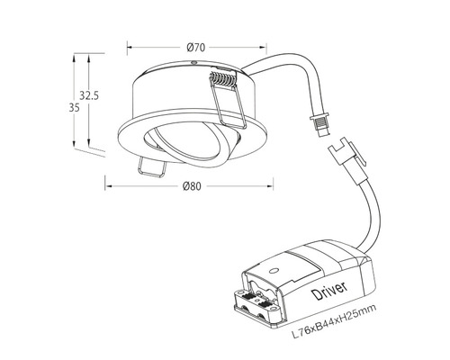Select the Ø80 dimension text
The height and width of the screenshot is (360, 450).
point(192,186)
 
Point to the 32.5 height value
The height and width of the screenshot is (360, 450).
point(88,94)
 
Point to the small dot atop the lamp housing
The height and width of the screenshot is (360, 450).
point(193,63)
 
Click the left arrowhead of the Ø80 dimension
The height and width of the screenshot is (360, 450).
point(108,186)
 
